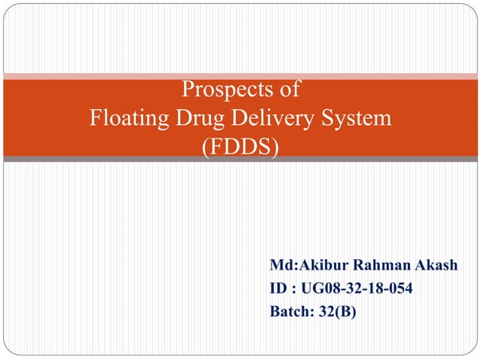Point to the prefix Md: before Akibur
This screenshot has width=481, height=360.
284,266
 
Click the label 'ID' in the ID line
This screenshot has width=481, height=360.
278,288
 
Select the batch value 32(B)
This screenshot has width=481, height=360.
335,309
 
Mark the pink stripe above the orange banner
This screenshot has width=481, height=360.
240,75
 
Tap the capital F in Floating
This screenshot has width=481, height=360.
94,119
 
